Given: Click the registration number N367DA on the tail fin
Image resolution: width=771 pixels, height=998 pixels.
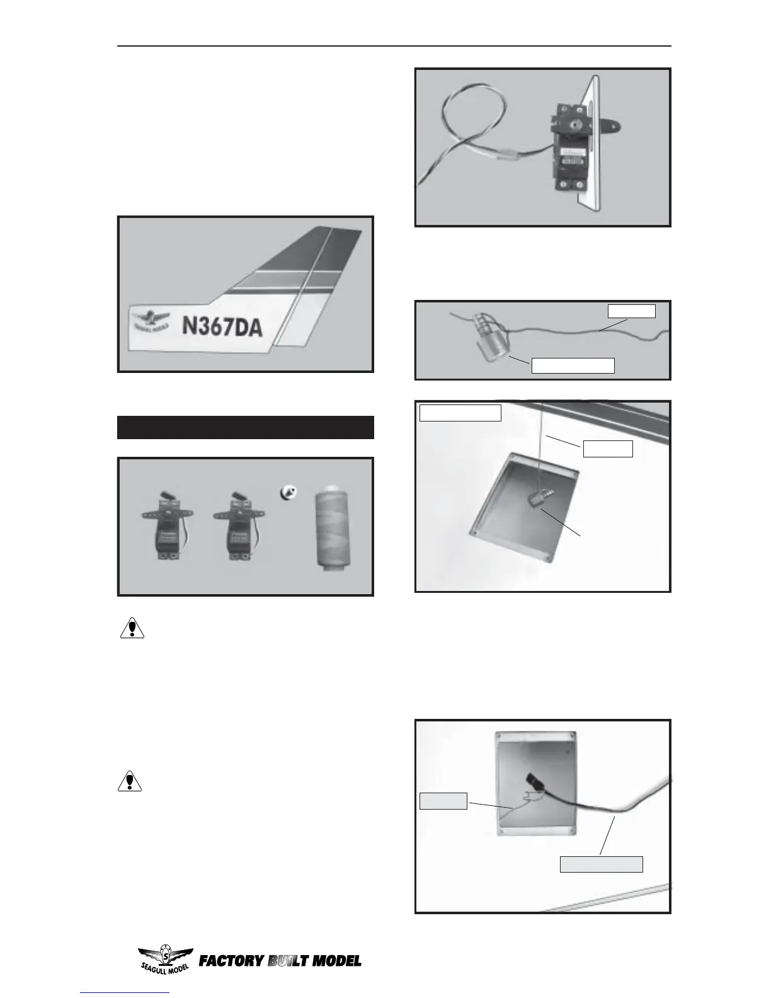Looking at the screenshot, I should (222, 327).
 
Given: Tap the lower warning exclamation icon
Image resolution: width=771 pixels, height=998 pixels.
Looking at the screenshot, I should (130, 781).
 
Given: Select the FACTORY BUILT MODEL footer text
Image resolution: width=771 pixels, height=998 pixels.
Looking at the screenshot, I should (280, 961).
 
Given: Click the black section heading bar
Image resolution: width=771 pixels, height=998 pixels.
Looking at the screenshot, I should (246, 427).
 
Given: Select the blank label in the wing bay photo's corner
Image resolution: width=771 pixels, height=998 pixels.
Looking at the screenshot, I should (460, 413).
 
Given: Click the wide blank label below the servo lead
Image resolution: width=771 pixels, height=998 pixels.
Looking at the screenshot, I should (602, 864).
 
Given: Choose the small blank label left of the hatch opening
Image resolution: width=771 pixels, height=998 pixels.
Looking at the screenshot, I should (443, 801).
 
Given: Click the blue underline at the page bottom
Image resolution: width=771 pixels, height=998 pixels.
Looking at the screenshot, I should (125, 993).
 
